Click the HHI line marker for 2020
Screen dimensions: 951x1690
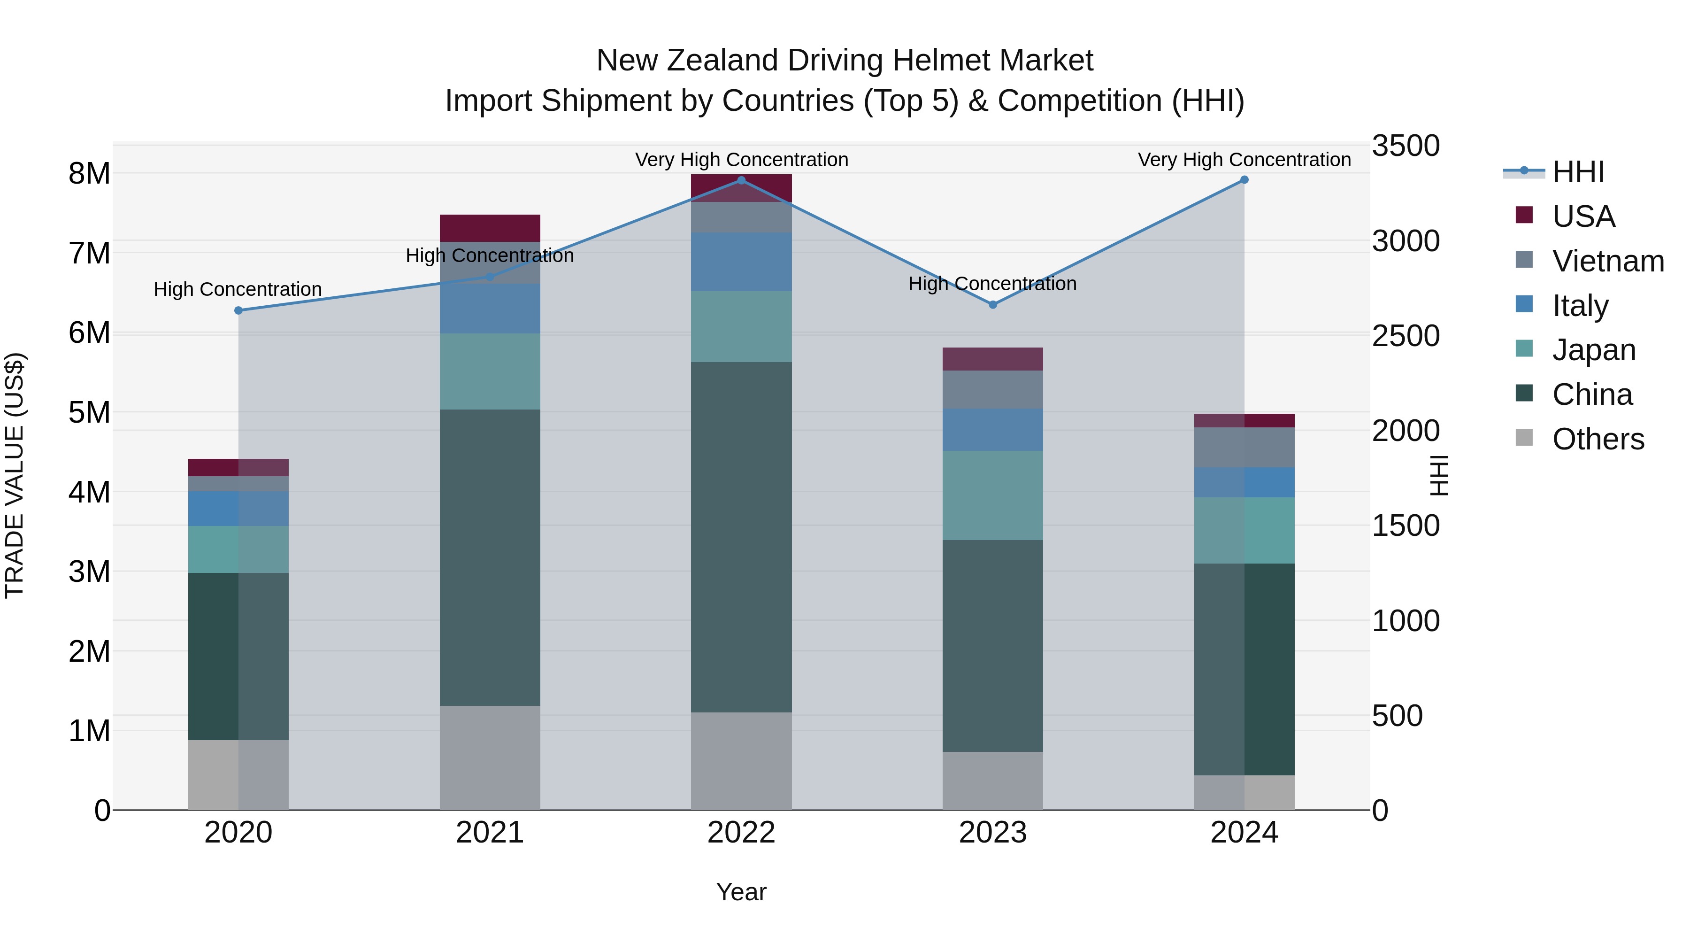point(239,310)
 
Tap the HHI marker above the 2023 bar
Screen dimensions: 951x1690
point(992,304)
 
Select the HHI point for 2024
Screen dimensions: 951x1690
point(1244,180)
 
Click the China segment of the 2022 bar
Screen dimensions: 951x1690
point(741,537)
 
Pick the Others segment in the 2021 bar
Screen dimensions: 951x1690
point(490,758)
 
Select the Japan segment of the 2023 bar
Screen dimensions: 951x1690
point(992,495)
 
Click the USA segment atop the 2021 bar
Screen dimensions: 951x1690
point(490,228)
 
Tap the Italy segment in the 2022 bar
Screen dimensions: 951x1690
point(741,262)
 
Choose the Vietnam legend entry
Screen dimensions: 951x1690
point(1607,261)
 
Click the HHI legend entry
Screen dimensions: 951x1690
point(1578,172)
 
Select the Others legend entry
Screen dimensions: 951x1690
point(1598,439)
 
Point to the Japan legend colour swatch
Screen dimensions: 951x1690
point(1524,349)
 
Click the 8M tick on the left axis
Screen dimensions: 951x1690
point(89,174)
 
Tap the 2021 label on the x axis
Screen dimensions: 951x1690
point(490,833)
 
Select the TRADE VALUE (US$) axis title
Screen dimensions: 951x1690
point(15,475)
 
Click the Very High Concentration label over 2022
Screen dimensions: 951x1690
point(741,160)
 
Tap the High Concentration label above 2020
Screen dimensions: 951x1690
point(238,289)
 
